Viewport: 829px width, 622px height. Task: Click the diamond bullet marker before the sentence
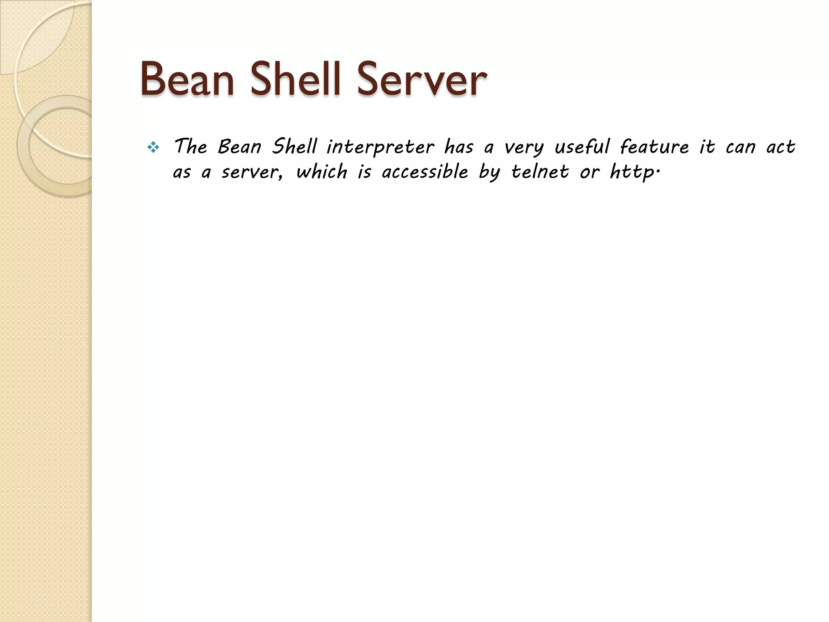(153, 147)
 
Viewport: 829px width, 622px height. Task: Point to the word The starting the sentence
(190, 146)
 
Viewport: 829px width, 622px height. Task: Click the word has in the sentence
(459, 146)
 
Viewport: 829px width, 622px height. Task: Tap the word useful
(582, 146)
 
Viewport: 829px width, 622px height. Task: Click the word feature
(654, 146)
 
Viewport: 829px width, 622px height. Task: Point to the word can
(740, 147)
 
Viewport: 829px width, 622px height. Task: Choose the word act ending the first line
(781, 147)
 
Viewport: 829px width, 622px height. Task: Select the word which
(322, 172)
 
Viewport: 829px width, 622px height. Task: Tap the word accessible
(425, 172)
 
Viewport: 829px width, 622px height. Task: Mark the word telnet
(540, 172)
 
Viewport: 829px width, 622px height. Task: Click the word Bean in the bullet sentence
(240, 146)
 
